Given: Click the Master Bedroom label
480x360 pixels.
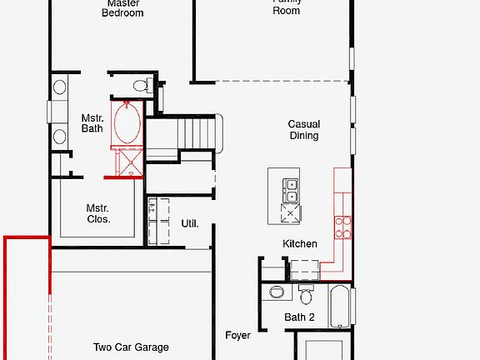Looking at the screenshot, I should click(x=122, y=7).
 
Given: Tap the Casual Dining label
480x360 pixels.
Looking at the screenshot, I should click(x=304, y=130).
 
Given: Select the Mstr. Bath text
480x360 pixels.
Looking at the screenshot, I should click(x=92, y=123).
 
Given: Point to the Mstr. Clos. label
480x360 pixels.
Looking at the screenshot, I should click(x=98, y=213).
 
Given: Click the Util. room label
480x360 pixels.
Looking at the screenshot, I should click(x=190, y=223).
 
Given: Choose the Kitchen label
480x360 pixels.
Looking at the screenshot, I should click(x=300, y=244).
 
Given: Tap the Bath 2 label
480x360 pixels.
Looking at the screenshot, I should click(x=299, y=317).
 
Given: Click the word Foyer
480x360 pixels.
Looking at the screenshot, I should click(x=237, y=335).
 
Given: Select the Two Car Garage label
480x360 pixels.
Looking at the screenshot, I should click(x=131, y=347).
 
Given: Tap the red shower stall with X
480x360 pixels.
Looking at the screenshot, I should click(x=129, y=162).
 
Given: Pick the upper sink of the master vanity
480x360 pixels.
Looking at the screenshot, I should click(x=60, y=87).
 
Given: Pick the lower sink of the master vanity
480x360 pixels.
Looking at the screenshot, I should click(x=60, y=136).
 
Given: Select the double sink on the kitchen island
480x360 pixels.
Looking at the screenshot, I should click(x=291, y=190).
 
